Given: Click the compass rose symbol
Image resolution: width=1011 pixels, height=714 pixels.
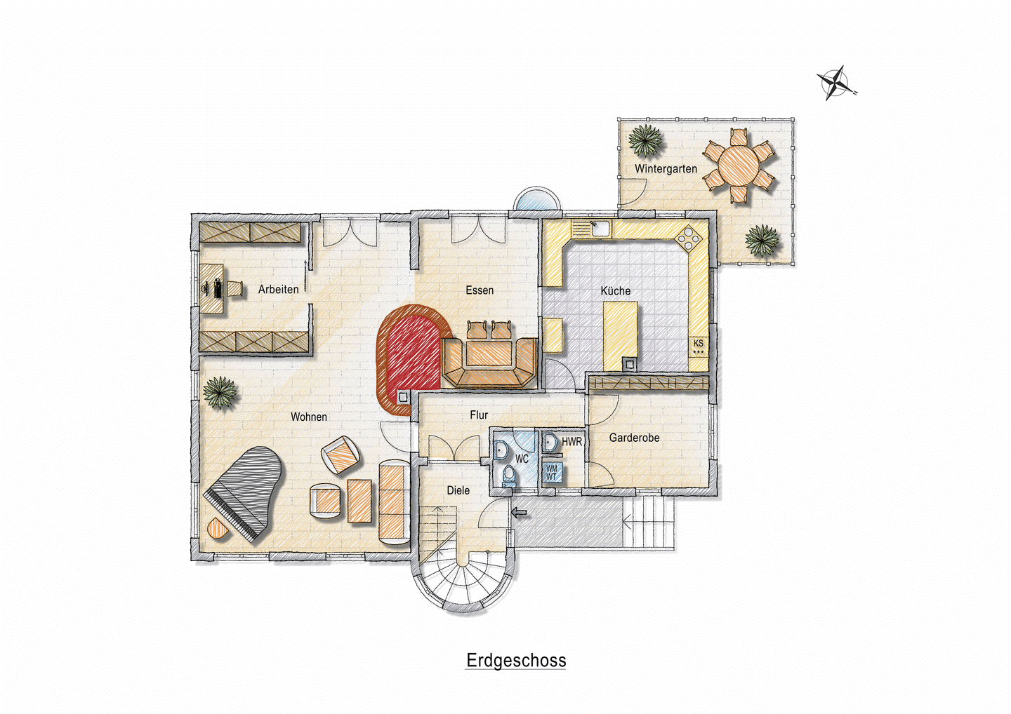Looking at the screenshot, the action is [x=835, y=83].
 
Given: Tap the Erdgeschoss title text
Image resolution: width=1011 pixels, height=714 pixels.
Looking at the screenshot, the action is [x=516, y=661].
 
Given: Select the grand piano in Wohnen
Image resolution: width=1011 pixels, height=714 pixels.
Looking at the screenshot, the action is [x=244, y=494].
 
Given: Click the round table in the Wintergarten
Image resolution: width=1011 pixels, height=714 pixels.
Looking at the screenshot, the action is [x=739, y=165].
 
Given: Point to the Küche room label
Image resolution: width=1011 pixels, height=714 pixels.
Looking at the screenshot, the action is [x=615, y=291].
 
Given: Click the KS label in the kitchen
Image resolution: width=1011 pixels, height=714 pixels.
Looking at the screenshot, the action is [x=698, y=344].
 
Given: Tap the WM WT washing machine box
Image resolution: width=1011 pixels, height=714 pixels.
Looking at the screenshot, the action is [x=552, y=473].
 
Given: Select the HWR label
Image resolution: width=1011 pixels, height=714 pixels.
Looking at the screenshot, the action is [x=571, y=442].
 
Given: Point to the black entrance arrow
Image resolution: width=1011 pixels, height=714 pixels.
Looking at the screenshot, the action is [x=519, y=513].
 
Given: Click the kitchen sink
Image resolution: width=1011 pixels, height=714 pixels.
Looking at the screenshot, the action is [x=600, y=228].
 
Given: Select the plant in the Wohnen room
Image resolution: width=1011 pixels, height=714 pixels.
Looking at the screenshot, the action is [x=220, y=393].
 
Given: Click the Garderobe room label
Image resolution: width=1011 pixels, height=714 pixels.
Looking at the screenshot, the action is [x=634, y=438].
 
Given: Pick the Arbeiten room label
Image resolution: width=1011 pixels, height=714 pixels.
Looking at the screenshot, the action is [x=278, y=290].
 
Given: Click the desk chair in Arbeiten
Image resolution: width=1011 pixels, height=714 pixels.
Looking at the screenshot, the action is [x=235, y=288].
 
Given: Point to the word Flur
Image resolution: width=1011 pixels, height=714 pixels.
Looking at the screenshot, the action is [x=478, y=415].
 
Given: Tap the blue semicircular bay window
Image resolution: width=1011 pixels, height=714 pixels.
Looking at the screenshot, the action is [x=536, y=199].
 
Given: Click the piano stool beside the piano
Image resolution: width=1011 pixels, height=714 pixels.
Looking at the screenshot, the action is [x=218, y=528].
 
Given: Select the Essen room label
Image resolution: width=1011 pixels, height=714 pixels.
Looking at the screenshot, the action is [x=480, y=290].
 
